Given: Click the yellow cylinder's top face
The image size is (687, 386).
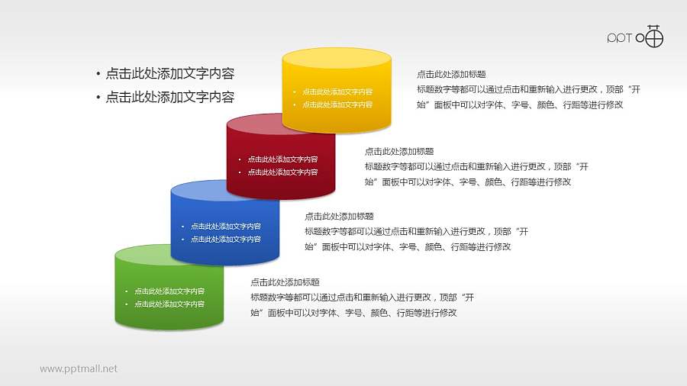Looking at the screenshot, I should (x=337, y=59).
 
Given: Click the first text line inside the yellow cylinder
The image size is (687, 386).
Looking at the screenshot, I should (x=337, y=92).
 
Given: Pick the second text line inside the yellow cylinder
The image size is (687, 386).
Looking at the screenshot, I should (x=337, y=105).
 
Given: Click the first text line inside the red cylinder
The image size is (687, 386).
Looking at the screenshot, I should (x=282, y=159).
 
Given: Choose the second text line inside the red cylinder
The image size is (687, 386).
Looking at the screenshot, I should (x=282, y=172).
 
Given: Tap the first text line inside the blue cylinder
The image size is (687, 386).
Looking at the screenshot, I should (x=226, y=227).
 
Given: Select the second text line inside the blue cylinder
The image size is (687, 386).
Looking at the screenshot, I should (x=226, y=240).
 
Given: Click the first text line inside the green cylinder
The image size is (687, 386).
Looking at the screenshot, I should (x=169, y=291).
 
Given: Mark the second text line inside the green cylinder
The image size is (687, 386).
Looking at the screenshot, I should (x=169, y=304).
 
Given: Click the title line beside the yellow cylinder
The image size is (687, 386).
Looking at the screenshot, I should (x=451, y=75).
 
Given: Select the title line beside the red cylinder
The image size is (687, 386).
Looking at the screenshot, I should (x=399, y=152).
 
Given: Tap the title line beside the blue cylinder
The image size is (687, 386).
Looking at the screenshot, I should (x=339, y=217).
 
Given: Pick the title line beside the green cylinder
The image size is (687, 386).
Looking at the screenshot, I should (x=285, y=282).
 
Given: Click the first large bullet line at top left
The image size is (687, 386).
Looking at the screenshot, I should (x=169, y=74).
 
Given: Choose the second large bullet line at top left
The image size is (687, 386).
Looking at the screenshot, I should (x=169, y=97).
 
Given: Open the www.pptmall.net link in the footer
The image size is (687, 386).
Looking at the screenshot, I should (x=79, y=368).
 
